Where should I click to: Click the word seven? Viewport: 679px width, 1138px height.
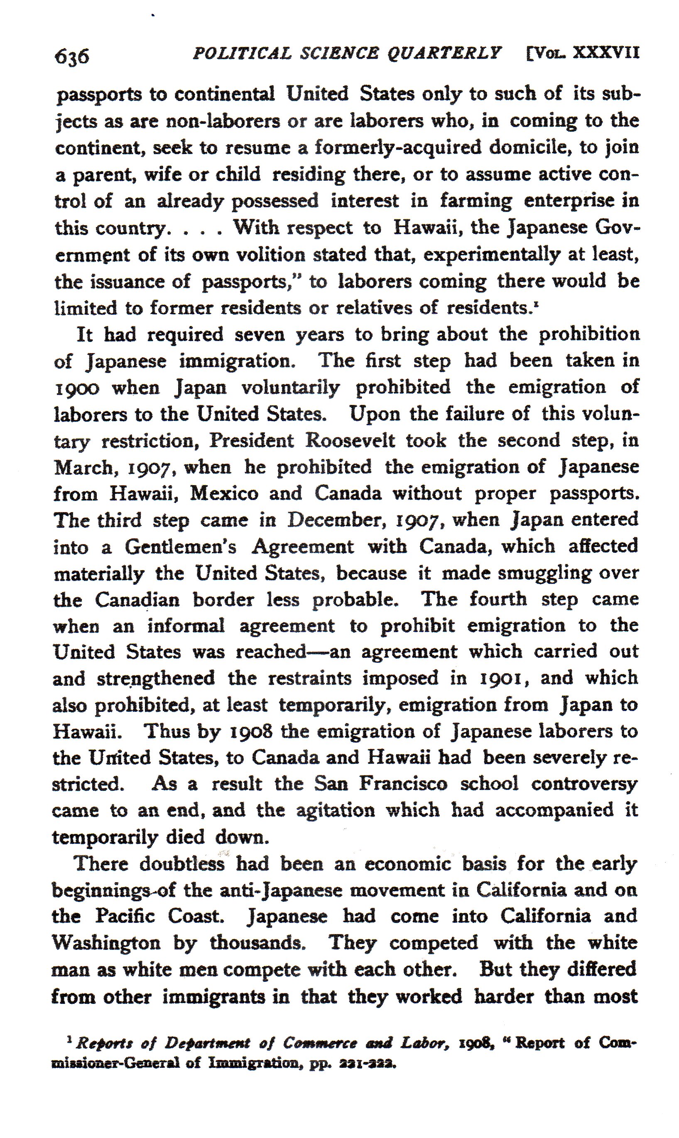[x=260, y=334]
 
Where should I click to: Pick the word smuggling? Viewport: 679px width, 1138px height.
[x=544, y=573]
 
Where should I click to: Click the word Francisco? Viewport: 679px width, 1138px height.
[x=403, y=784]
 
